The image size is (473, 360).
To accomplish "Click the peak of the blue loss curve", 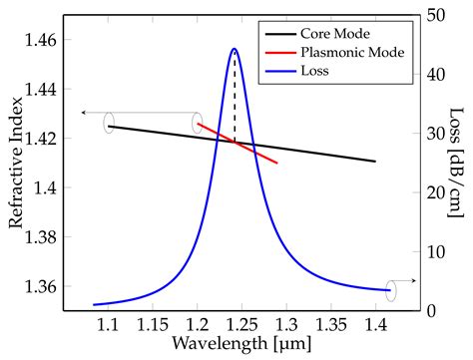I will [235, 48].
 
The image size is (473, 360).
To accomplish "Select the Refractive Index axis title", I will [17, 163].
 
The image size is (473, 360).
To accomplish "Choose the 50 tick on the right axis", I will [434, 15].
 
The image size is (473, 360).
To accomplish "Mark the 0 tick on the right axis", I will [429, 310].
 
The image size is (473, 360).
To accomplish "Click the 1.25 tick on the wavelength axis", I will [241, 324].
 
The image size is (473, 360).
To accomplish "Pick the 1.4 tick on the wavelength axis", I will [375, 324].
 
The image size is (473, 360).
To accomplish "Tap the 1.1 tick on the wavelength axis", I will [108, 324].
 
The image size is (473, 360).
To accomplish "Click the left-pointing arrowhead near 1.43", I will [83, 113].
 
